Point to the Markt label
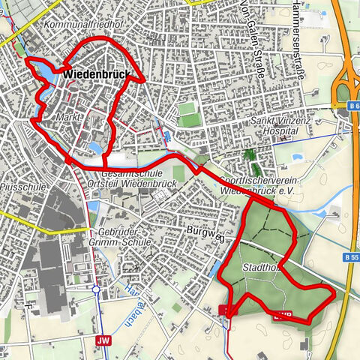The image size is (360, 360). click(69, 118)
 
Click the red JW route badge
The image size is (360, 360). click(102, 340)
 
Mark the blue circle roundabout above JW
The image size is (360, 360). click(96, 289)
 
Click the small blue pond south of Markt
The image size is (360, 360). click(95, 147)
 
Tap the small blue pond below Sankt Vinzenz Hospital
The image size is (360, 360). click(294, 159)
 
